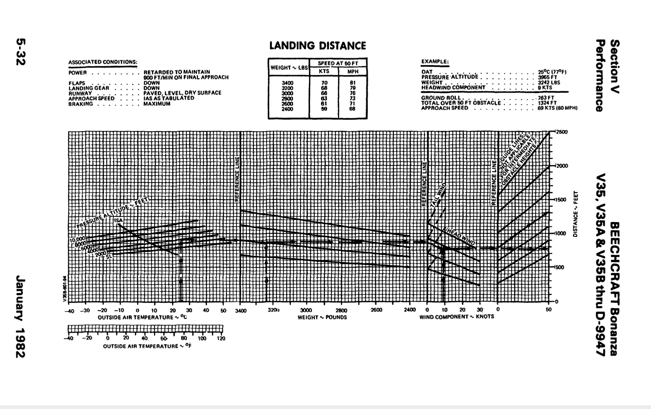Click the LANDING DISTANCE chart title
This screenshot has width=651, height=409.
coord(317,46)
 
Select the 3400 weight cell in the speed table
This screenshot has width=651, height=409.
coord(288,83)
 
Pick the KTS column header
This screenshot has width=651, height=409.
coord(324,71)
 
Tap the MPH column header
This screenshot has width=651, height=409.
coord(353,71)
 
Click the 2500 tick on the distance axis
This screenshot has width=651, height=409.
coord(561,132)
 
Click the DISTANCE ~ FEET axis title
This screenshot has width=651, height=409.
coord(575,214)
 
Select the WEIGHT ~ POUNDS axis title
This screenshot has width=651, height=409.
coord(322,318)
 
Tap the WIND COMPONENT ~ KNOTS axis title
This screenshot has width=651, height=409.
coord(457,317)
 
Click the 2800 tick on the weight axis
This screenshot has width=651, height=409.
coord(341,310)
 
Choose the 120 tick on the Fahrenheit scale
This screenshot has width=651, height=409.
coord(221,339)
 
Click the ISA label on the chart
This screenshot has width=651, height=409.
coord(118,221)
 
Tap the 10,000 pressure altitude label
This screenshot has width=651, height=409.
coord(78,240)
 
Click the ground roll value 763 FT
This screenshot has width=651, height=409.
coord(546,98)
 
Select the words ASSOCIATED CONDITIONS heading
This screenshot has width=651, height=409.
coord(103,62)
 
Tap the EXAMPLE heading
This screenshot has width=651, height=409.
coord(435,62)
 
